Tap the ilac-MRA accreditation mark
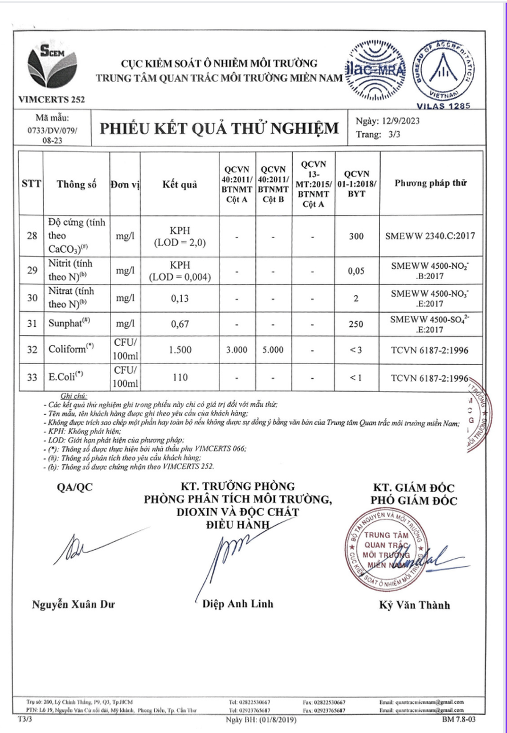point(376,70)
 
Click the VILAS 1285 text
point(443,106)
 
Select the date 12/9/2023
point(401,121)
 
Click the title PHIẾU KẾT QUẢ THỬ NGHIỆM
point(219,128)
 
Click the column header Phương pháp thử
point(430,183)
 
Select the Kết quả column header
point(179,184)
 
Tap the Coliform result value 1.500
point(180,350)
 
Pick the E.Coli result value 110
point(180,377)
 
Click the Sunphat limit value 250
point(356,324)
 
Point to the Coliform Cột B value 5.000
point(273,350)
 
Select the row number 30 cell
point(32,297)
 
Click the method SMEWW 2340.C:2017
point(430,236)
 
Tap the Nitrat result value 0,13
point(180,298)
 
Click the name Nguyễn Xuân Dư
point(74,604)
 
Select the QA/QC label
point(75,487)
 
